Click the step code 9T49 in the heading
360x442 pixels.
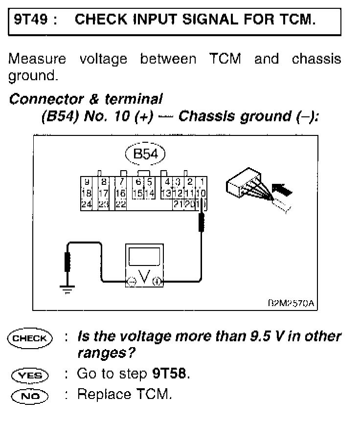click(x=30, y=20)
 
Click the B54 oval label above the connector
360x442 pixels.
click(x=145, y=155)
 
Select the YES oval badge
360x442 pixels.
click(x=30, y=376)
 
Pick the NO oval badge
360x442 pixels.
click(x=30, y=395)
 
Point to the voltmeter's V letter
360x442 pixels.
click(x=144, y=277)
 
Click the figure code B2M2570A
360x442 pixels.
click(x=290, y=304)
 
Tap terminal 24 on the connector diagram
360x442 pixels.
click(x=86, y=204)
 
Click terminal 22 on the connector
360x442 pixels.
click(x=120, y=204)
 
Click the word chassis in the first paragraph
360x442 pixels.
click(x=316, y=60)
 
